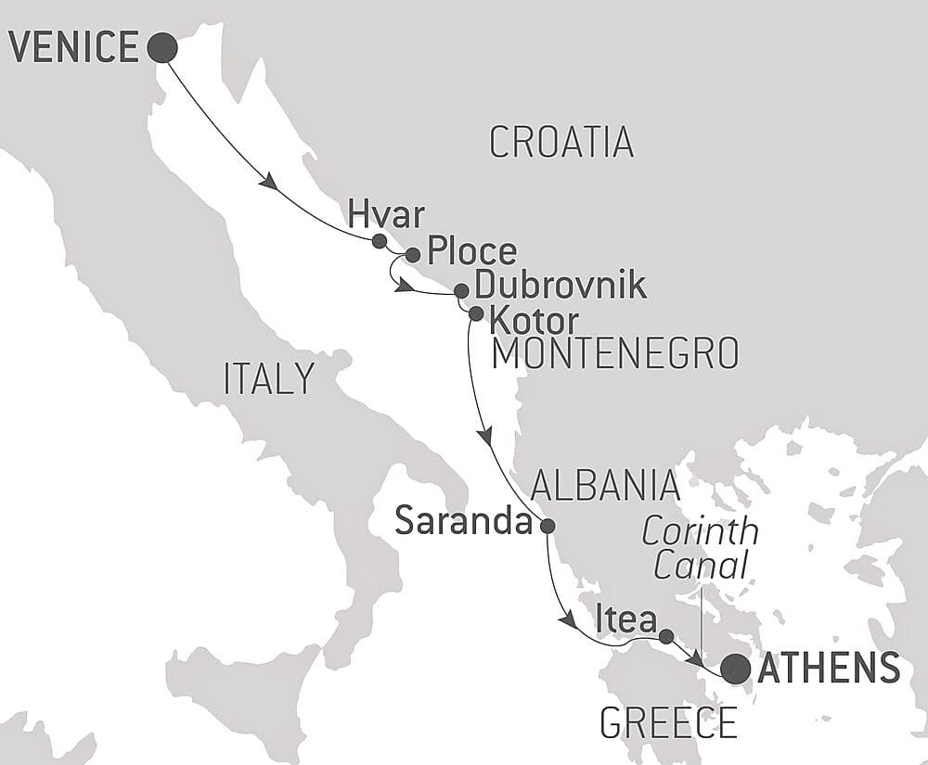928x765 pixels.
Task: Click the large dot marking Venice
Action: click(163, 47)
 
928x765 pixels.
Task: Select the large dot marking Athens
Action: click(737, 668)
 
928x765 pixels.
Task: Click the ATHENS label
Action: click(829, 669)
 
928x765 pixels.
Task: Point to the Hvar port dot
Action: click(379, 241)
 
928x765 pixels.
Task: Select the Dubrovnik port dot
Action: click(460, 291)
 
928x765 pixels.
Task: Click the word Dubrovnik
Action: click(560, 286)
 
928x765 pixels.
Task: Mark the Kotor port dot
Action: click(475, 313)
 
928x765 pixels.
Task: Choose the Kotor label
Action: click(534, 321)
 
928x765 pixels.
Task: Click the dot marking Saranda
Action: click(548, 526)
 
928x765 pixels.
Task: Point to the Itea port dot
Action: click(665, 636)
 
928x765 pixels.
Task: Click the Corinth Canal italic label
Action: click(701, 549)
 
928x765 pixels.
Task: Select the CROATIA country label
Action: click(561, 142)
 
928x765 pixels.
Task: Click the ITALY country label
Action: click(268, 379)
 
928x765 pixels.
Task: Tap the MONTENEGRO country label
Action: click(615, 354)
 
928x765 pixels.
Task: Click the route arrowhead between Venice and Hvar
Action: click(269, 183)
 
